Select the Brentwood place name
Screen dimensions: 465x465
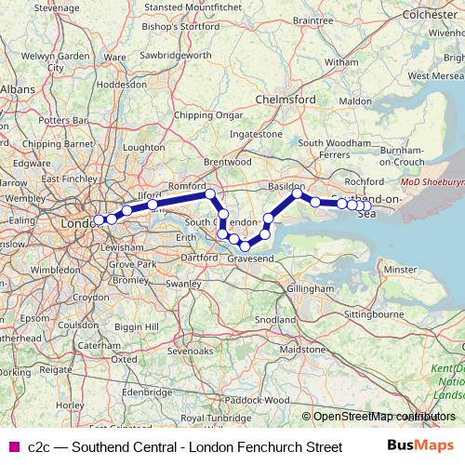click(228, 162)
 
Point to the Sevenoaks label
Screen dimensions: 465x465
click(191, 352)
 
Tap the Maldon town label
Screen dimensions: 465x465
click(356, 100)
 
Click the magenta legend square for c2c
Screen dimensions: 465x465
click(12, 447)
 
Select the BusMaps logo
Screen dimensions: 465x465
click(420, 447)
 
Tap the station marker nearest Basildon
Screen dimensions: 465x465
click(298, 193)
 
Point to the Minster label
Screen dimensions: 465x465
click(400, 269)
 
